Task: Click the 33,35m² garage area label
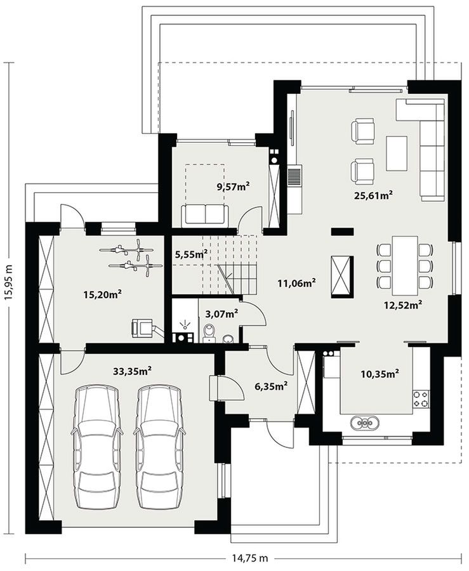coord(132,371)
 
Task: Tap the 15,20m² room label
coord(102,294)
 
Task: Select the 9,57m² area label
coord(233,187)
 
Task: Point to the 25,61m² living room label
coord(373,195)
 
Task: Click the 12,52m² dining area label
coord(403,304)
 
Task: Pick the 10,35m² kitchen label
coord(380,374)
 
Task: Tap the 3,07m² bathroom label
coord(221,313)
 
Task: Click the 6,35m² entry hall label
coord(272,386)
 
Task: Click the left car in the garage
coord(96,447)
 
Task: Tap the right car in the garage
coord(159,447)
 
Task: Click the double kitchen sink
coord(365,423)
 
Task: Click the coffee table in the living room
coord(397,154)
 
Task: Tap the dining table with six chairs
coord(404,265)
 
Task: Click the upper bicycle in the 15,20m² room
coord(127,249)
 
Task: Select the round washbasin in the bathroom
coord(228,339)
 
